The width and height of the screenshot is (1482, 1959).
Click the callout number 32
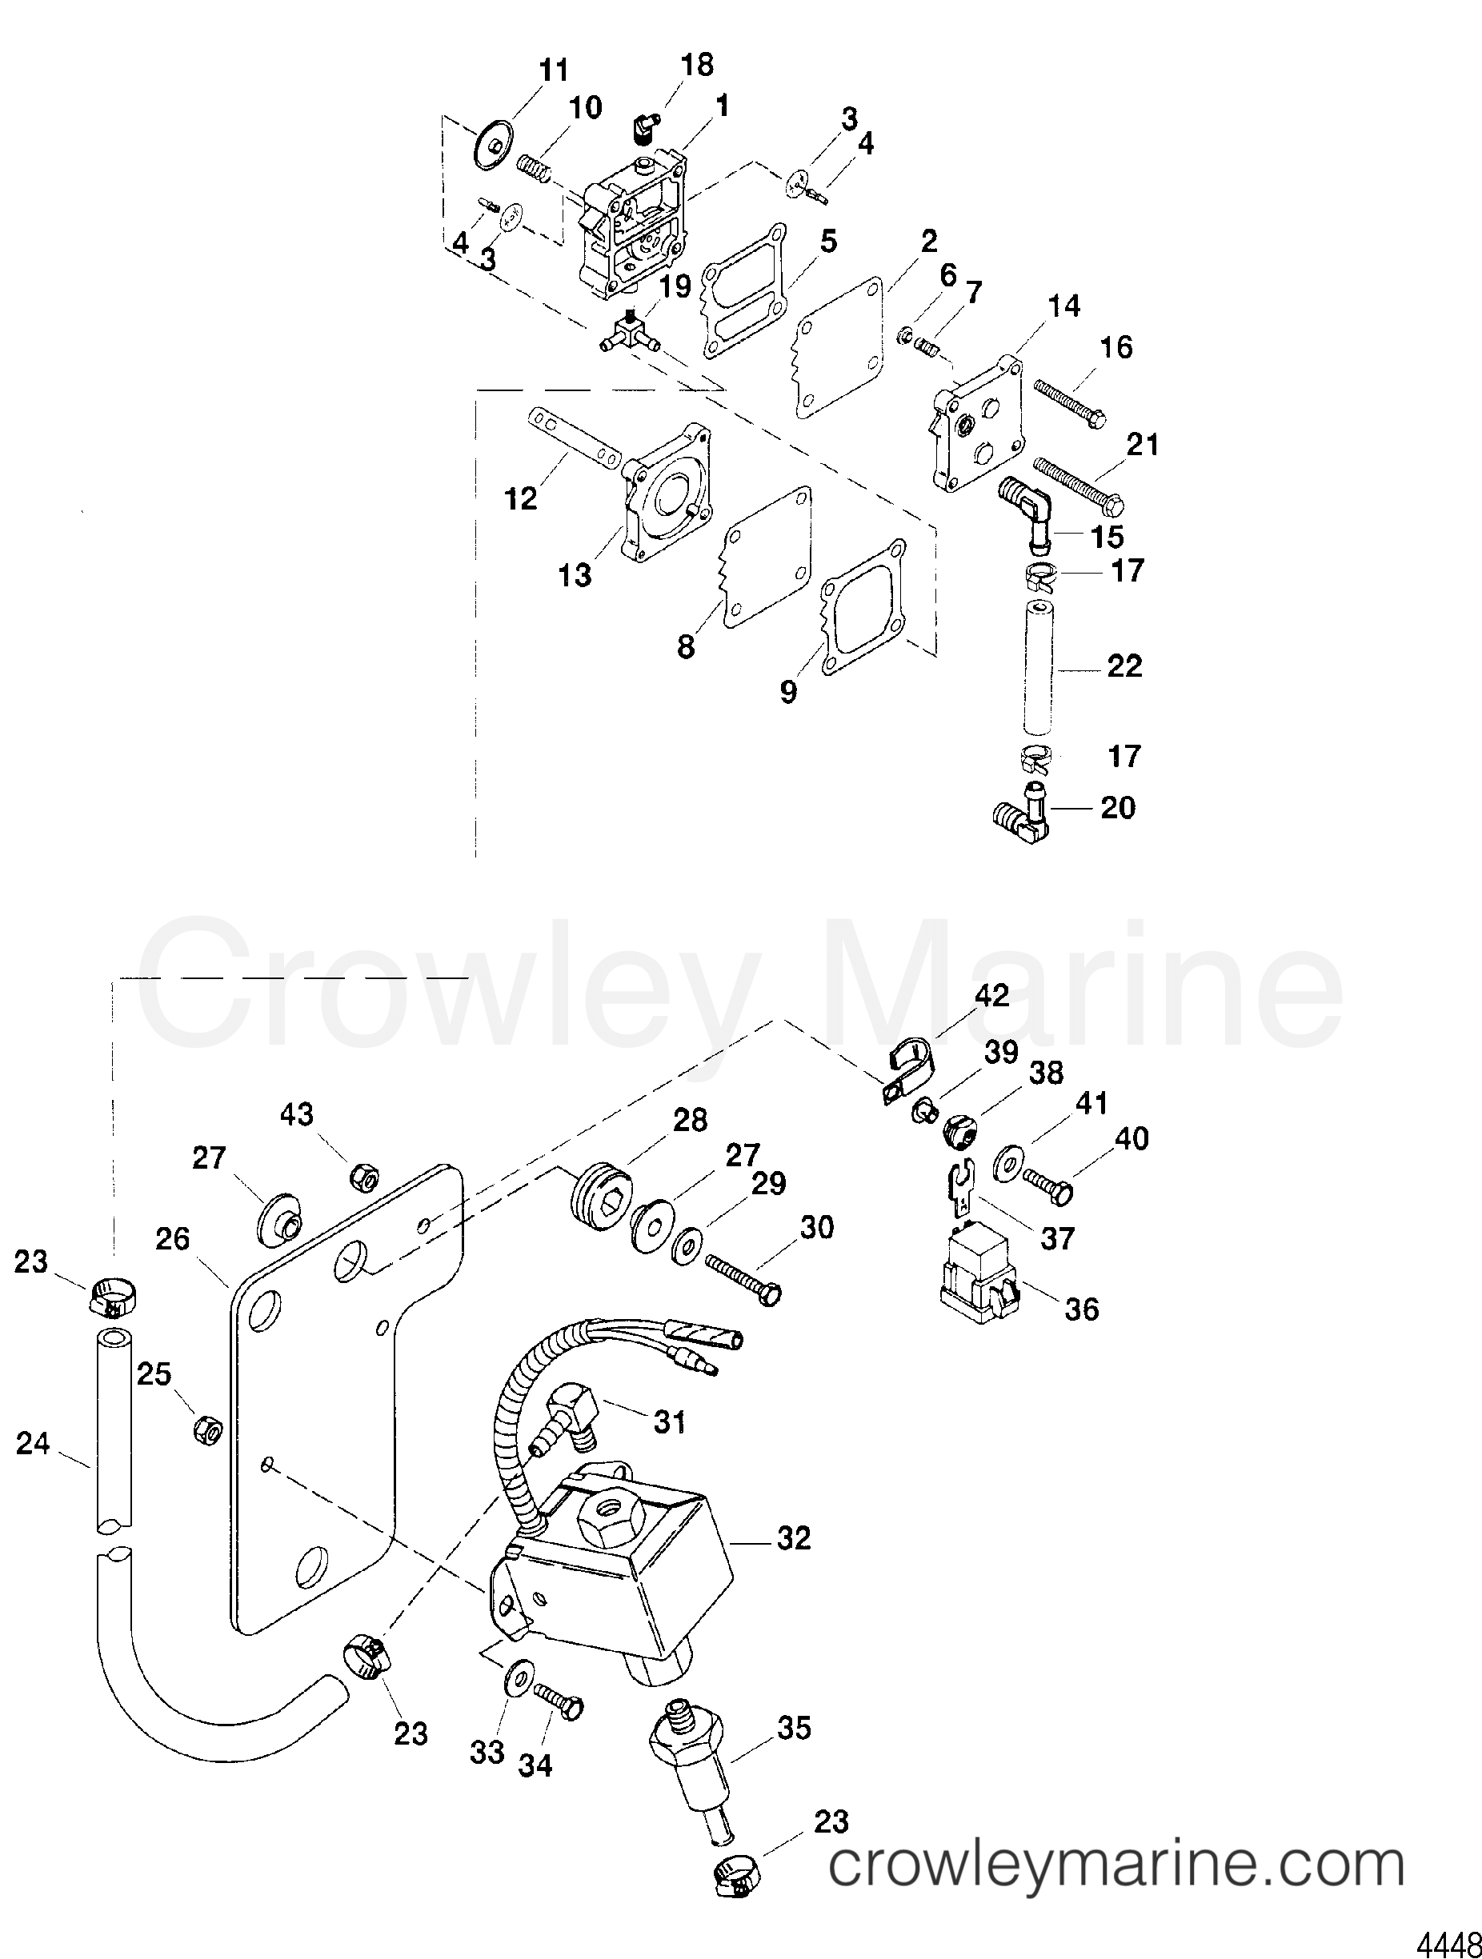[793, 1538]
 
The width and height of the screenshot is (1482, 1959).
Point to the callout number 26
[172, 1239]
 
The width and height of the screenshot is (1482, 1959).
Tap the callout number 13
[575, 576]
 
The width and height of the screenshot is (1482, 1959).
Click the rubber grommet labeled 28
[599, 1189]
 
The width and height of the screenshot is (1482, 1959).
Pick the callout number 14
[1063, 306]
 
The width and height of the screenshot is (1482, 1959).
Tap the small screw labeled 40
[1051, 1185]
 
